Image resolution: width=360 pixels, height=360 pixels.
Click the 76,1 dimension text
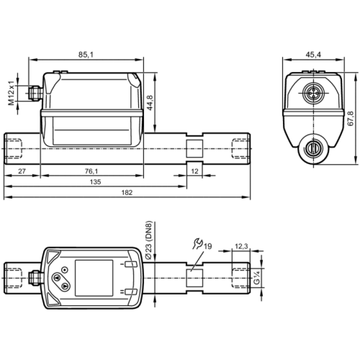91,171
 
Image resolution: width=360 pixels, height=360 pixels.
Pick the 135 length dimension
94,183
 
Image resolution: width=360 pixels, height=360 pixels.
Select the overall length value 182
126,195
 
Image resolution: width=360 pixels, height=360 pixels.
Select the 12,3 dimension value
241,247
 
